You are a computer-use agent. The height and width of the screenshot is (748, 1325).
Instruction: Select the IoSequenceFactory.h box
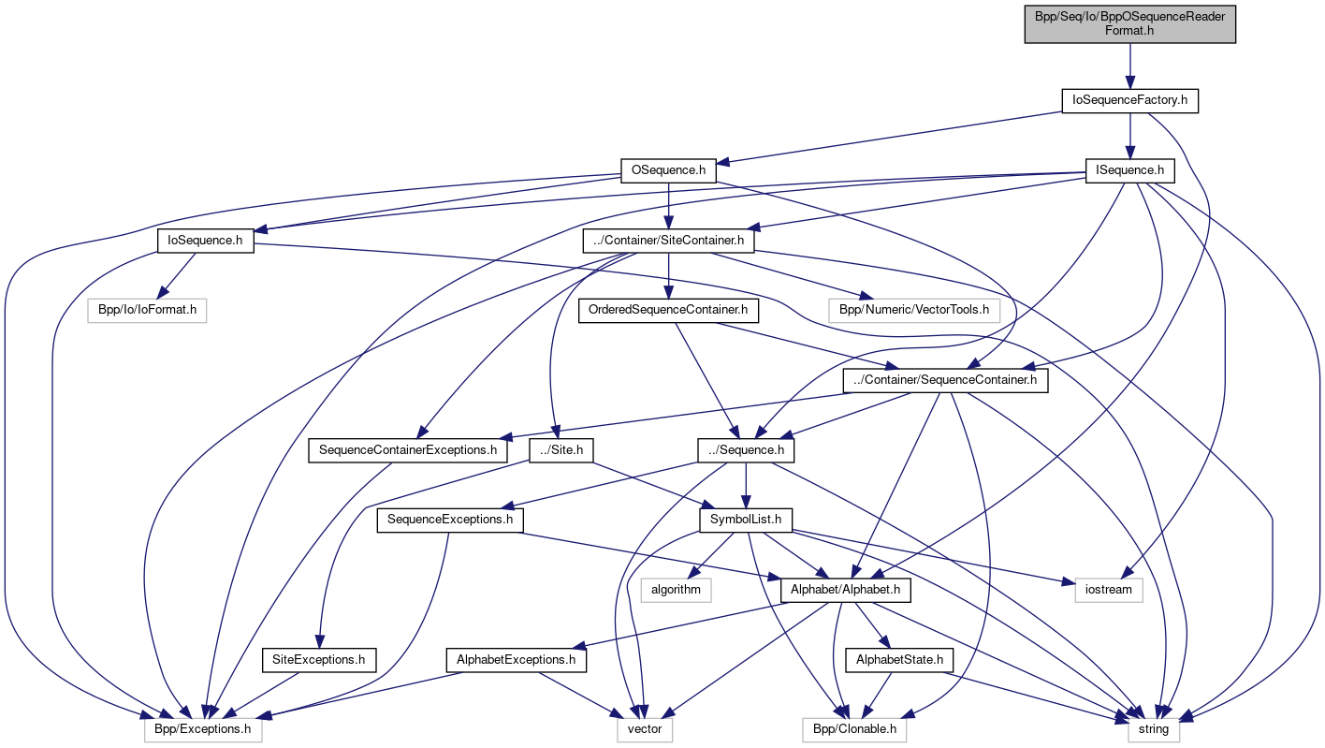coord(1130,99)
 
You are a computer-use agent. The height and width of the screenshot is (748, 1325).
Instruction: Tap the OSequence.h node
coord(668,171)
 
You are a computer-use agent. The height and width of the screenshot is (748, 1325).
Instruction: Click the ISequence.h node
coord(1130,171)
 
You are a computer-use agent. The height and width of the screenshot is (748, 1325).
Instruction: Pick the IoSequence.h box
coord(205,241)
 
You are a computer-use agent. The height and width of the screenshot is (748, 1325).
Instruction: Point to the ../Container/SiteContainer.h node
coord(668,241)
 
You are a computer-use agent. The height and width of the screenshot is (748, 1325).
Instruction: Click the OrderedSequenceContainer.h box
coord(668,310)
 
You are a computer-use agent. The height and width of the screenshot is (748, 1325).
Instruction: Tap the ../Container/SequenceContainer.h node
coord(945,380)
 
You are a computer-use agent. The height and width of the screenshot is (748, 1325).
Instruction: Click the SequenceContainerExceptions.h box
coord(408,450)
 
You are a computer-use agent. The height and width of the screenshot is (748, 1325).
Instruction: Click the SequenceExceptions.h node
coord(450,520)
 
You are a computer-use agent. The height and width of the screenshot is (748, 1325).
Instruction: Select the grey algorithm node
coord(676,590)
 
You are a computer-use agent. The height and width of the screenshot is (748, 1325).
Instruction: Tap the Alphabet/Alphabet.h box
coord(846,590)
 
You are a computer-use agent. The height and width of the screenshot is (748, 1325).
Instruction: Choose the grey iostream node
coord(1109,590)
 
